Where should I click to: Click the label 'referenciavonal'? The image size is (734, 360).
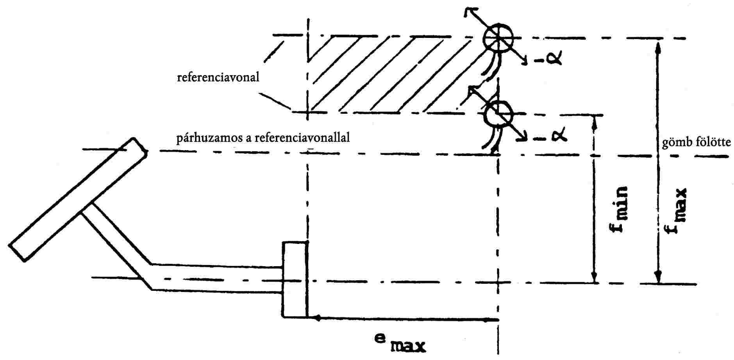218,77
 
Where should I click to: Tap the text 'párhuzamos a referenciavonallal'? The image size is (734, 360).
263,138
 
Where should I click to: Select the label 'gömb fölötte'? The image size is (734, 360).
696,142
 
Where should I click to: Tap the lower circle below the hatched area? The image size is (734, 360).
498,114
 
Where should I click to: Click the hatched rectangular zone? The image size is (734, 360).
391,74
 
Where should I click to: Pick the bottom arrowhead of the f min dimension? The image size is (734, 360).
594,278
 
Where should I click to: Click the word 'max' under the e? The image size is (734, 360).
408,346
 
